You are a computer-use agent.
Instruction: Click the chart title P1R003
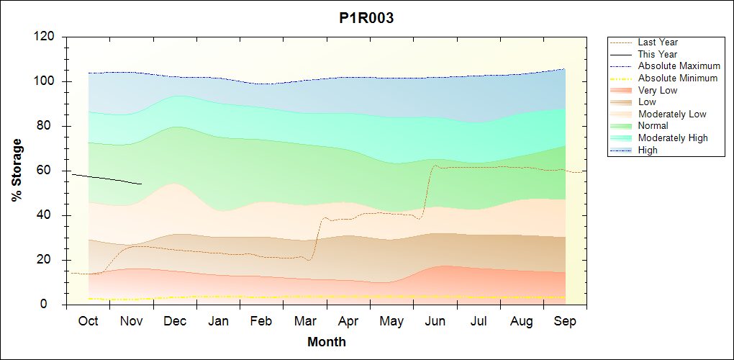pyautogui.click(x=366, y=19)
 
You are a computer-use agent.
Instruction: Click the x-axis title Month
pyautogui.click(x=327, y=342)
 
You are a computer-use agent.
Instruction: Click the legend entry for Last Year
pyautogui.click(x=657, y=42)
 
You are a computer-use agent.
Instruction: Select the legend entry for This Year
pyautogui.click(x=657, y=55)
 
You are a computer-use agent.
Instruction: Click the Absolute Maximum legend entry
pyautogui.click(x=679, y=66)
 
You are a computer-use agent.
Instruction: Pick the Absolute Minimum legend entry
pyautogui.click(x=677, y=78)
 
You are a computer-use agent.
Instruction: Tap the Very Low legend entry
pyautogui.click(x=657, y=90)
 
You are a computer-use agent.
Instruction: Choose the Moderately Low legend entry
pyautogui.click(x=672, y=114)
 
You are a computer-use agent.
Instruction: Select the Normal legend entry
pyautogui.click(x=653, y=126)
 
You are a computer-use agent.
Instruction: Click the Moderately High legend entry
pyautogui.click(x=673, y=138)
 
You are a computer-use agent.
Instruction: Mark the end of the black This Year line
pyautogui.click(x=142, y=184)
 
